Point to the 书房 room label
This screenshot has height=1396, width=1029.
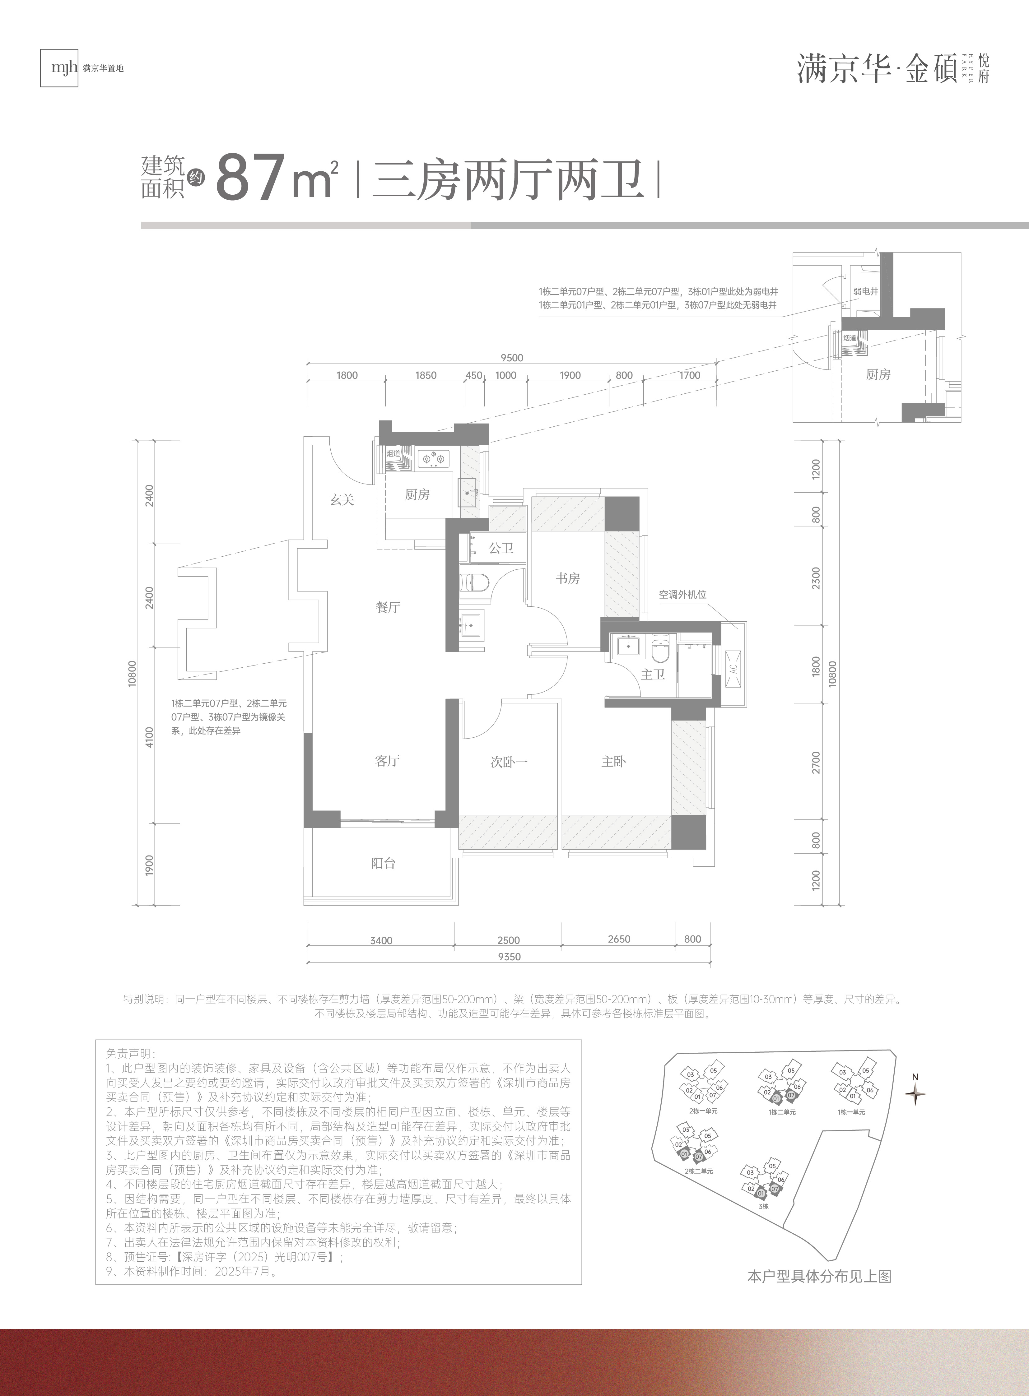point(567,578)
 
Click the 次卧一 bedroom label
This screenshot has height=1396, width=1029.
point(509,762)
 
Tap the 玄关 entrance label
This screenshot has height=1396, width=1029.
point(342,499)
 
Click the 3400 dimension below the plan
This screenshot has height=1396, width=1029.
point(381,940)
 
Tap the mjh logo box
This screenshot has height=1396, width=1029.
point(59,67)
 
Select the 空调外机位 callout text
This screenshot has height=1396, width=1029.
point(683,595)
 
